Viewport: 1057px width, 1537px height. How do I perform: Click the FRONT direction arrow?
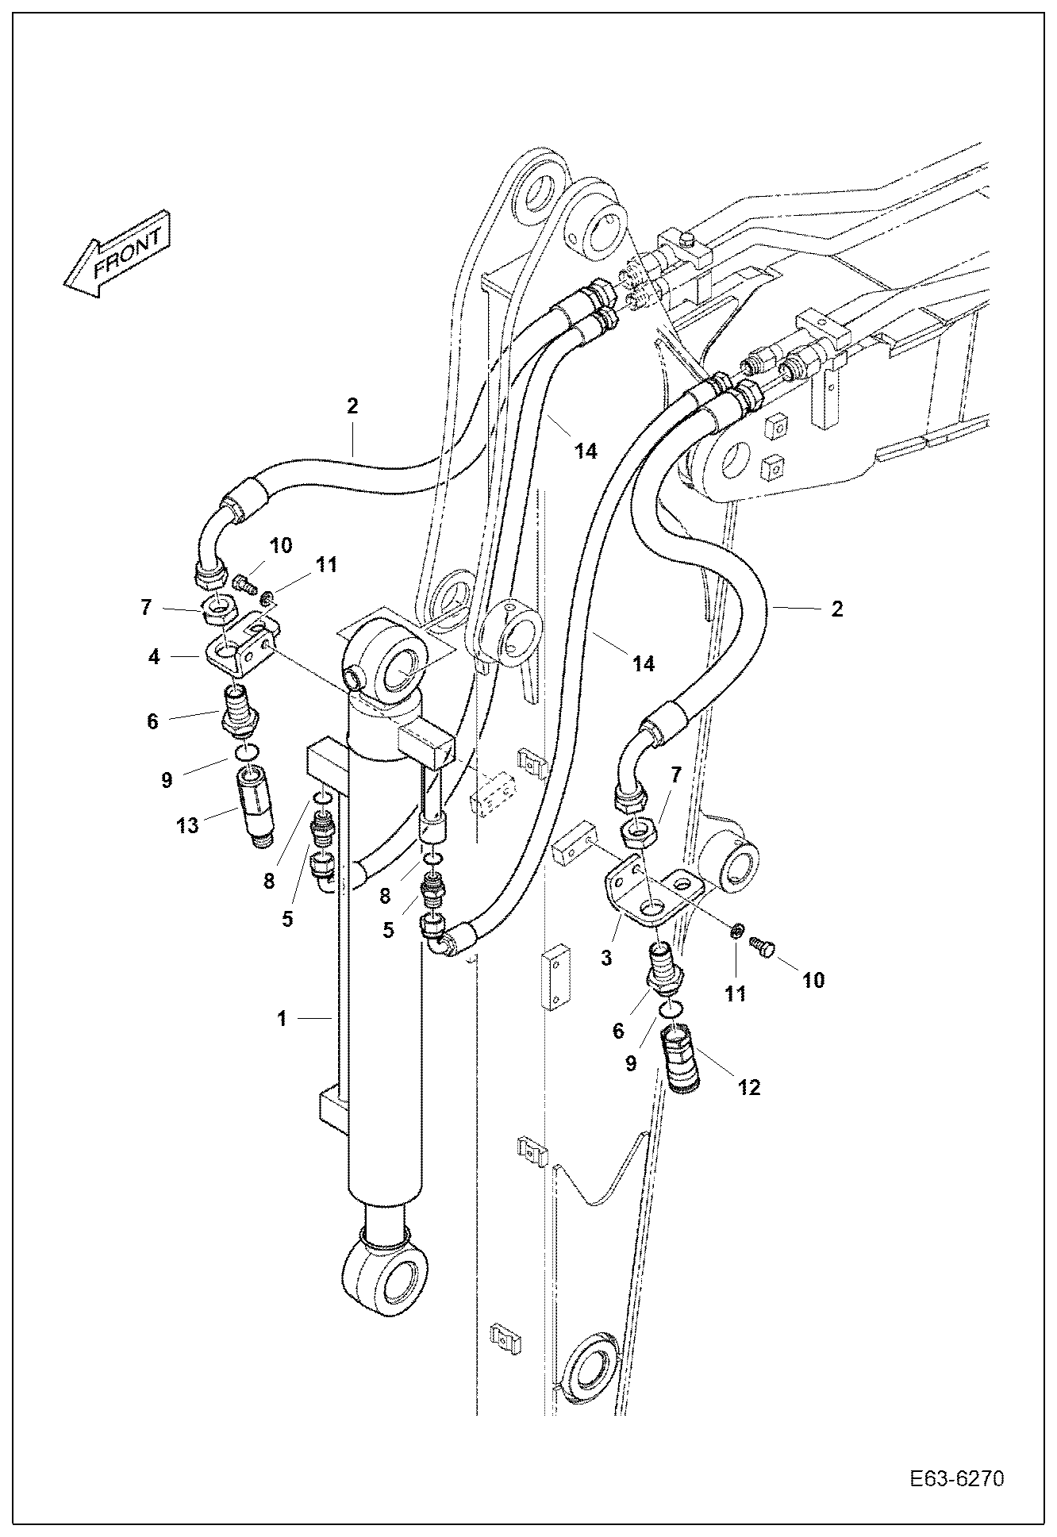(117, 256)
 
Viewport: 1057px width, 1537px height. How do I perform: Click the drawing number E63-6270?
(957, 1479)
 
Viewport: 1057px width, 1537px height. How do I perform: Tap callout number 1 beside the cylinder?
(281, 1018)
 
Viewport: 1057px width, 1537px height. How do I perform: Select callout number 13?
(187, 825)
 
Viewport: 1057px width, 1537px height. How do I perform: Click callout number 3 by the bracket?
(606, 958)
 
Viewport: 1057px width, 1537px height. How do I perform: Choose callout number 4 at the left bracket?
(154, 657)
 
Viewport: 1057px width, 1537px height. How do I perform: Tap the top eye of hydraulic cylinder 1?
(389, 655)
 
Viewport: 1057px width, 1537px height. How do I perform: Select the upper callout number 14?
(585, 451)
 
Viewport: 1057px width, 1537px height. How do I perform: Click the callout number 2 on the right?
(836, 609)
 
